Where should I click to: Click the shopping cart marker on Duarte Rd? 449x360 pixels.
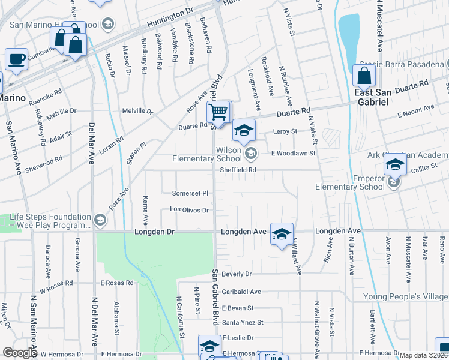pyautogui.click(x=219, y=111)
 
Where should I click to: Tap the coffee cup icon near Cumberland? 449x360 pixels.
pyautogui.click(x=16, y=59)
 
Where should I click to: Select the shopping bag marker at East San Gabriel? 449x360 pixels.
pyautogui.click(x=364, y=76)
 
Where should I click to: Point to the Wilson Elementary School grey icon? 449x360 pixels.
pyautogui.click(x=251, y=154)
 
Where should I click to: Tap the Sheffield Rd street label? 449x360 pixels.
pyautogui.click(x=238, y=170)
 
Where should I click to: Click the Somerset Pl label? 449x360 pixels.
pyautogui.click(x=190, y=193)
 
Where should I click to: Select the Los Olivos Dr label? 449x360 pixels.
pyautogui.click(x=189, y=210)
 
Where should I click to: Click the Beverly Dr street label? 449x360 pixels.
pyautogui.click(x=237, y=274)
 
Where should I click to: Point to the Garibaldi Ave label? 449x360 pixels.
pyautogui.click(x=241, y=292)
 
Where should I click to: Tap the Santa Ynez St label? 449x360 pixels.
pyautogui.click(x=243, y=322)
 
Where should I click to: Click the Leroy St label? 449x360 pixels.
pyautogui.click(x=285, y=131)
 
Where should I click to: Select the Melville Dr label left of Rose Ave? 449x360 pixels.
pyautogui.click(x=138, y=111)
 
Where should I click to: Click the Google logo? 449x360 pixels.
pyautogui.click(x=20, y=353)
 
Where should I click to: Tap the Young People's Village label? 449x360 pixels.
pyautogui.click(x=405, y=297)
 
